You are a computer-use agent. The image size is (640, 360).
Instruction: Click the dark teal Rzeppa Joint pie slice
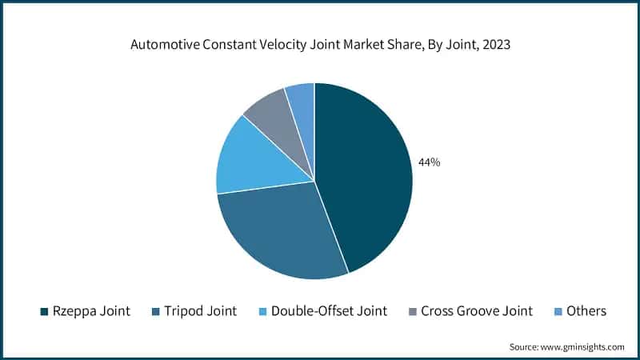point(364,176)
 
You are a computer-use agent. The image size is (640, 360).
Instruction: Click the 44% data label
point(429,162)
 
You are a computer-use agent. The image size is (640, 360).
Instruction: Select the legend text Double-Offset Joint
point(329,311)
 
